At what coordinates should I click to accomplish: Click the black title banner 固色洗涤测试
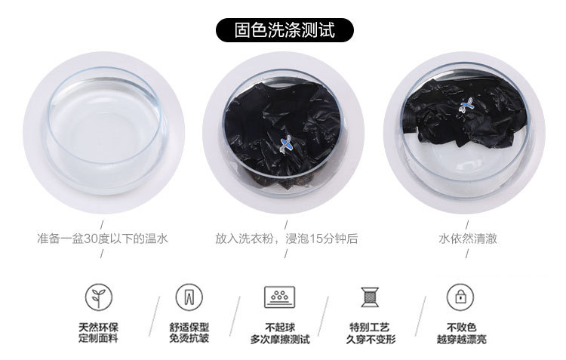(x=285, y=30)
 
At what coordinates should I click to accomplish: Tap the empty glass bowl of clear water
(x=105, y=130)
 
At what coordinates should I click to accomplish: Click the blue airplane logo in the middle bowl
(x=286, y=144)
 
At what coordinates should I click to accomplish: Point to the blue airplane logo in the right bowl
(x=466, y=105)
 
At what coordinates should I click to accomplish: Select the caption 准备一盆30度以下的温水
(x=103, y=238)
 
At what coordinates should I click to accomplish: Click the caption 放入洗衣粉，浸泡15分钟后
(x=287, y=238)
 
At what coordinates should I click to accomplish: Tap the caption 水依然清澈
(x=467, y=238)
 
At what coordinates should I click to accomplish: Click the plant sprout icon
(x=99, y=297)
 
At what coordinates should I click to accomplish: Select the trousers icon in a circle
(x=189, y=297)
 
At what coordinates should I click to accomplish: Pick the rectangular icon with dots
(x=280, y=297)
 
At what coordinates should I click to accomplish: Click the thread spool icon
(x=370, y=297)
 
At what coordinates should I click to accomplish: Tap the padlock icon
(x=460, y=297)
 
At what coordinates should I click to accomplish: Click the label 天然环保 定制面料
(x=99, y=333)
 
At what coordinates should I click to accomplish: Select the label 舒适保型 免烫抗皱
(x=189, y=333)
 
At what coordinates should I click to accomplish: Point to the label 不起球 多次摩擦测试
(x=280, y=334)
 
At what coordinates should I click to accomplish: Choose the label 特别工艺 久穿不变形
(x=371, y=334)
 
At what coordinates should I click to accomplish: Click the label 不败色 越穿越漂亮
(x=461, y=334)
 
